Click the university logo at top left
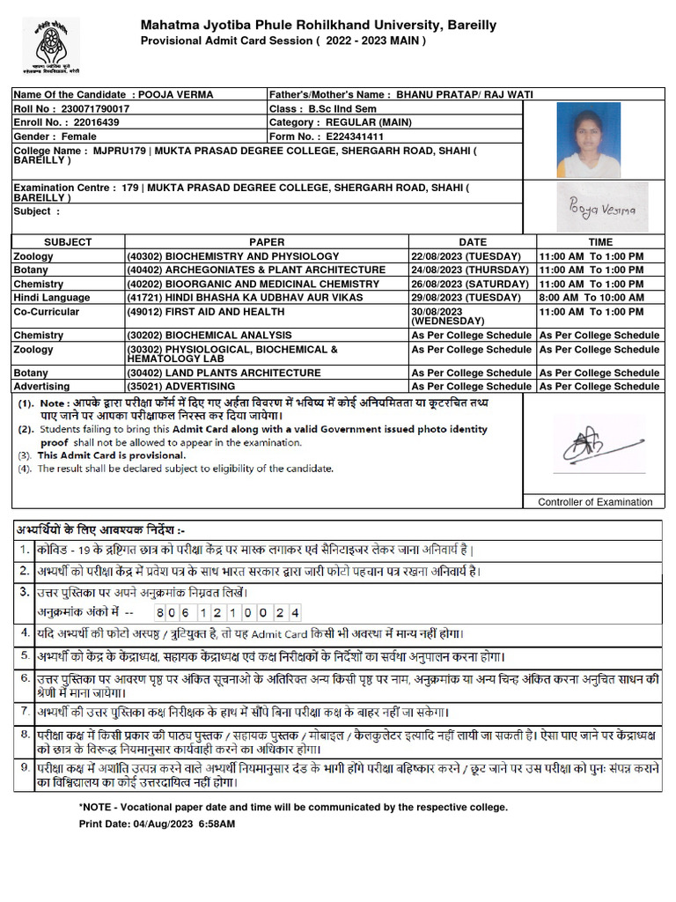tap(50, 43)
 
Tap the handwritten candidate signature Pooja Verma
tap(601, 208)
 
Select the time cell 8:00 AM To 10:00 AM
tap(591, 298)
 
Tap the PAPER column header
tap(267, 241)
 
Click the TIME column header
tap(600, 241)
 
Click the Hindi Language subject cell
tap(52, 298)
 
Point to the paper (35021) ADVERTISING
tap(180, 386)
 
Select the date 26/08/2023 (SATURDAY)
tap(471, 284)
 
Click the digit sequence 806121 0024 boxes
tap(228, 611)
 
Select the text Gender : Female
tap(55, 137)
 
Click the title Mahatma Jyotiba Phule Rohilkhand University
tap(318, 26)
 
